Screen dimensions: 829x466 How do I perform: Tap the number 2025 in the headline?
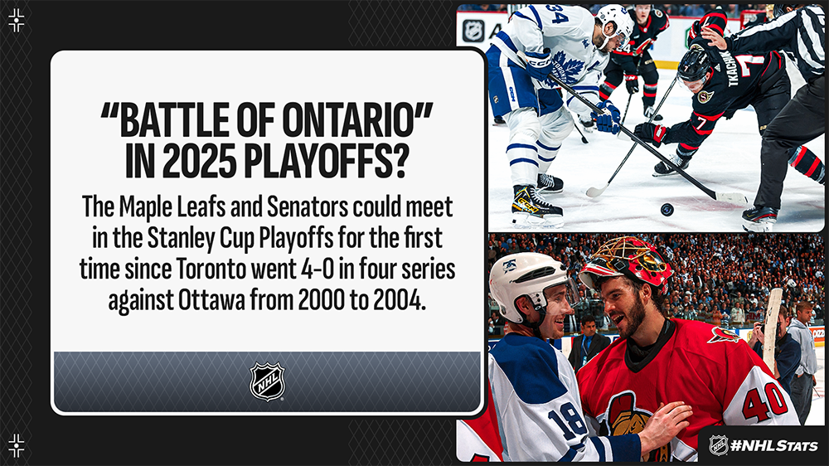201,162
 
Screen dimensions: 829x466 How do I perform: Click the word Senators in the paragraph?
308,207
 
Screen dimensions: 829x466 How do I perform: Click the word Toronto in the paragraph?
208,269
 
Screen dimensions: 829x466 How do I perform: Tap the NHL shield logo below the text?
267,381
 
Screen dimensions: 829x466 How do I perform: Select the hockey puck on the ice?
667,210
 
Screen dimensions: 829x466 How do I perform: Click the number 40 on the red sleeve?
765,402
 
